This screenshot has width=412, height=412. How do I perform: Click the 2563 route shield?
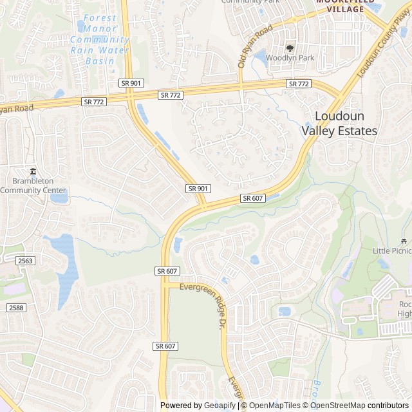pos(25,260)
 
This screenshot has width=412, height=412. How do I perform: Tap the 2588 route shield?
pos(16,308)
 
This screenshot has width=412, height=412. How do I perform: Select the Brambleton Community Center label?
pos(32,186)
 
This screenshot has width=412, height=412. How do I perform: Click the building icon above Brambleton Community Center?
pos(32,171)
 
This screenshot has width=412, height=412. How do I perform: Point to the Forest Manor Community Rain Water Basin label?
pos(100,40)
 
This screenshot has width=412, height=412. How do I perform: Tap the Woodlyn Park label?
pos(290,58)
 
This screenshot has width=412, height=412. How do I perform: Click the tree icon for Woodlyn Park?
pos(290,47)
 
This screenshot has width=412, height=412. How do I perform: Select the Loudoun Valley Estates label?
pos(339,123)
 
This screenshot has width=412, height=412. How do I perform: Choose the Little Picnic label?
pos(392,250)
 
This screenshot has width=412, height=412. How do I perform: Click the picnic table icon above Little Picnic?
pos(405,239)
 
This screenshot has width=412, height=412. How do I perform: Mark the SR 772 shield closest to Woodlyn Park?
pos(299,84)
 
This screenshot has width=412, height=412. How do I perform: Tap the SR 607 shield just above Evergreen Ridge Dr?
pos(167,271)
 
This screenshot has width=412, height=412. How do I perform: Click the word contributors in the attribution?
pos(388,406)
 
